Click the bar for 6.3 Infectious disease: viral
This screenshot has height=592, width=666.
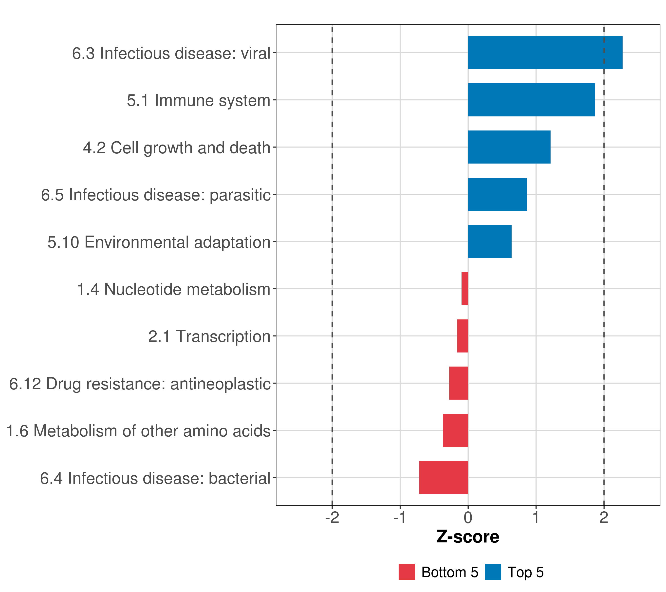[545, 53]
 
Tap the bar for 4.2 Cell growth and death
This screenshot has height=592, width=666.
[509, 147]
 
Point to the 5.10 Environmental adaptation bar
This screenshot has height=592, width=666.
[489, 241]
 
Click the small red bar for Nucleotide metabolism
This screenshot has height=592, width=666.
[465, 289]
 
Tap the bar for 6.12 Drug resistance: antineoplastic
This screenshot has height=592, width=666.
[459, 383]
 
